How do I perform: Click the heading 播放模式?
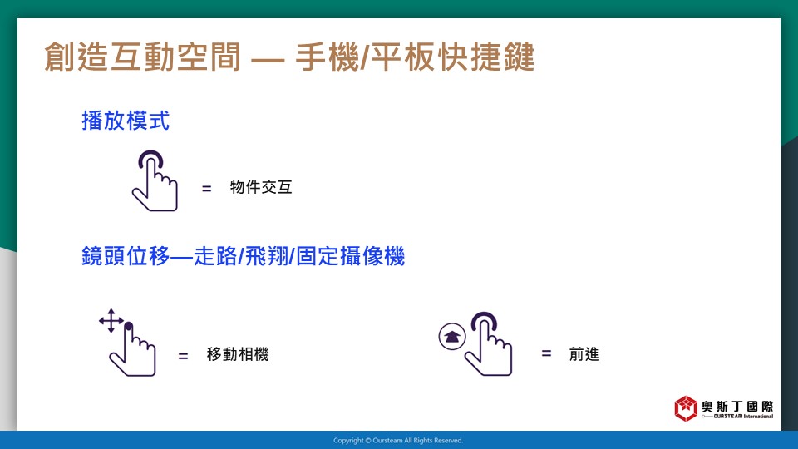coord(126,121)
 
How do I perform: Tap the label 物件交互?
coord(261,187)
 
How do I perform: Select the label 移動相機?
coord(238,354)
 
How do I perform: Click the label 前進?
coord(584,354)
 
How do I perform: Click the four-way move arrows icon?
coord(111,321)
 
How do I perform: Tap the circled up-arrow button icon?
coord(452,337)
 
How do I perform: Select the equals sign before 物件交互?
coord(206,189)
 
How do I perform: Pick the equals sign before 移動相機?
coord(183,356)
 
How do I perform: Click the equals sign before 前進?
coord(546,353)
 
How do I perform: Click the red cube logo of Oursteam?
coord(686,408)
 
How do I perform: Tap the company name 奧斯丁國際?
coord(737,407)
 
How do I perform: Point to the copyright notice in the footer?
coord(398,441)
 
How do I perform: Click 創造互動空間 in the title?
coord(142,57)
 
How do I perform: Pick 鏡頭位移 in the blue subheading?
coord(126,256)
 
